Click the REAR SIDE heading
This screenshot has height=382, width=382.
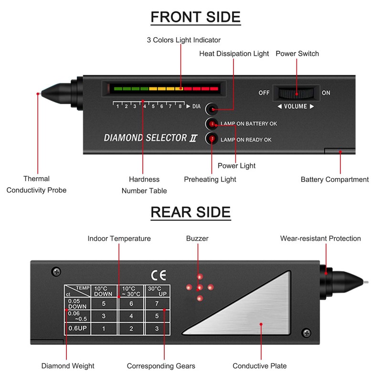pos(191,212)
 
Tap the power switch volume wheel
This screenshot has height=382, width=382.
pos(296,93)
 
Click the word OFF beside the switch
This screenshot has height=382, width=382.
pos(264,93)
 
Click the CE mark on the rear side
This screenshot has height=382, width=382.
pos(157,276)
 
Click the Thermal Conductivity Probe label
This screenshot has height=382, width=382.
pos(37,184)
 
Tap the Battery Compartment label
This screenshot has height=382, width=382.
pos(334,180)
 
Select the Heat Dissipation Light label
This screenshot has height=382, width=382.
pos(234,53)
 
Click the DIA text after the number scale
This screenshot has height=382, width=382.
pos(196,106)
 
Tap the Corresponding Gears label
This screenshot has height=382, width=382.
pos(161,366)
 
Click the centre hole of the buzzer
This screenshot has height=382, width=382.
pos(200,287)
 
